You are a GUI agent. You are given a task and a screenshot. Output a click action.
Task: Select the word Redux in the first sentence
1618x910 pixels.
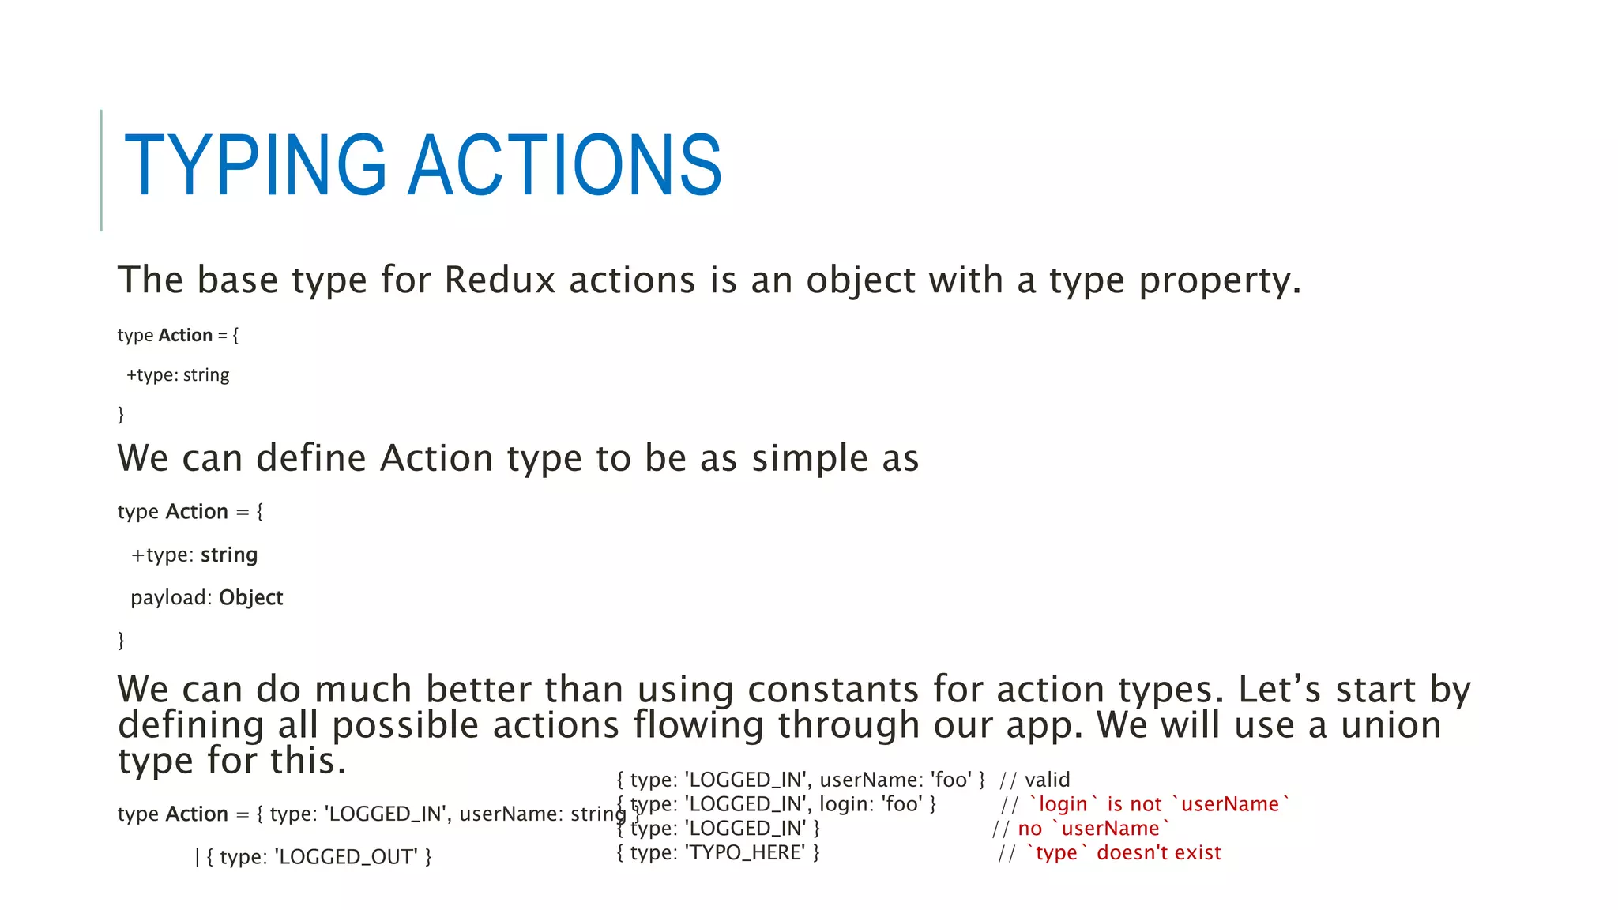[x=499, y=280]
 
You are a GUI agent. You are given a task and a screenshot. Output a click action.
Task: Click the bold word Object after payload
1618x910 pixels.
[x=250, y=598]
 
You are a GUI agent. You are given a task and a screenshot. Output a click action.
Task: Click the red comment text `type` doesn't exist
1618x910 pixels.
[x=1123, y=853]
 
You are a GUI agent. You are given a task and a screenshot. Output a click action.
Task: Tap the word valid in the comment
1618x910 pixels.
[x=1047, y=780]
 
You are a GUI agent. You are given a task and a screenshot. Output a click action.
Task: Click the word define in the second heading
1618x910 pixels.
[x=311, y=459]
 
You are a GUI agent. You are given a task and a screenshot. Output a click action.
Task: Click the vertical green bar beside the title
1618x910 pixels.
[x=101, y=170]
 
